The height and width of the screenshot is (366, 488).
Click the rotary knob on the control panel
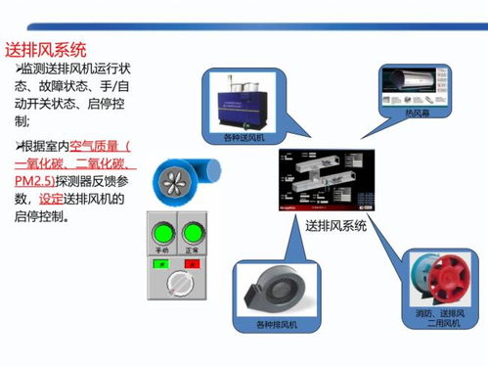pyautogui.click(x=180, y=283)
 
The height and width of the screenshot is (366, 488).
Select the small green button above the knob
pyautogui.click(x=163, y=263)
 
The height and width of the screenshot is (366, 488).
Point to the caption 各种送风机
pyautogui.click(x=244, y=139)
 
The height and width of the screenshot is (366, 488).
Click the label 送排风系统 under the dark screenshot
pyautogui.click(x=335, y=226)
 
